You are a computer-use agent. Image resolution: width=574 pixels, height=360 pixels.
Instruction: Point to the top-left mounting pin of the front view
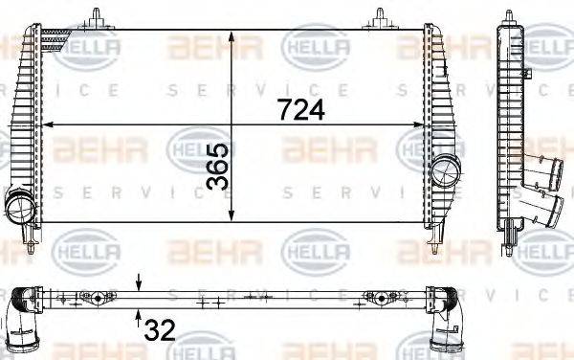pyautogui.click(x=96, y=16)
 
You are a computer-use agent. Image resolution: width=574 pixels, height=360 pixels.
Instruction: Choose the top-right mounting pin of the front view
pyautogui.click(x=380, y=16)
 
